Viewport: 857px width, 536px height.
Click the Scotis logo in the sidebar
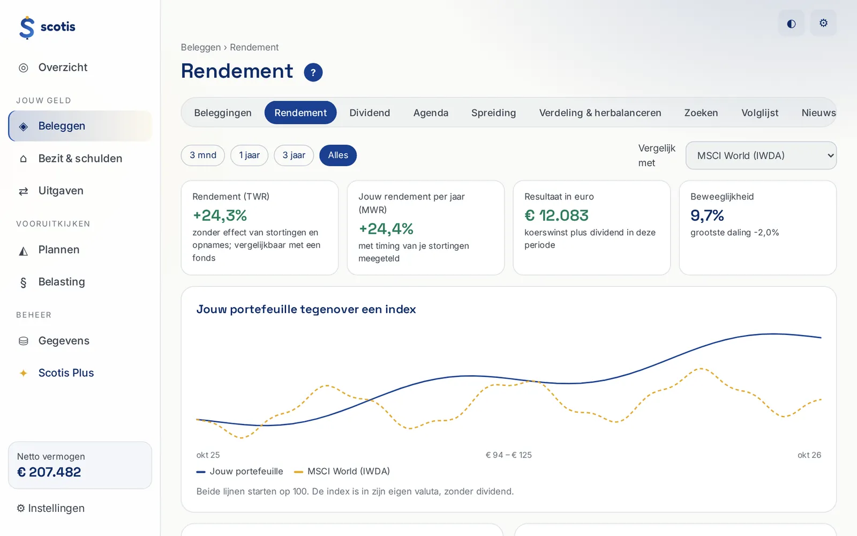[x=47, y=27]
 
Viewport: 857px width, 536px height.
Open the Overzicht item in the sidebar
[x=63, y=68]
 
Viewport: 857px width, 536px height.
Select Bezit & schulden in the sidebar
[x=80, y=159]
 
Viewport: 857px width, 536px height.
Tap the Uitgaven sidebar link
[x=61, y=191]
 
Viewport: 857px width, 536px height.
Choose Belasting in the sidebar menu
[x=62, y=282]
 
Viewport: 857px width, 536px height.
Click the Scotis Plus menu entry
[x=66, y=373]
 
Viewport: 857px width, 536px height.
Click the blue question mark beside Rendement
[x=313, y=72]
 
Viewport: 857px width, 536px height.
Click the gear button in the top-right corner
[x=823, y=23]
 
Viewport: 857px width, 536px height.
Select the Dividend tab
[x=370, y=113]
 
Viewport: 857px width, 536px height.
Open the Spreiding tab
[x=493, y=113]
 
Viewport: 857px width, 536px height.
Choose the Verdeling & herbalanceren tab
[x=600, y=113]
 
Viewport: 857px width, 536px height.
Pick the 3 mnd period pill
[x=203, y=155]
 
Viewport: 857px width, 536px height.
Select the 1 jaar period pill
[x=249, y=155]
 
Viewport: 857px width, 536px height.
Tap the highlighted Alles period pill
[x=338, y=155]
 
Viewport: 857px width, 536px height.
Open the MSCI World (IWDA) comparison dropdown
[x=761, y=155]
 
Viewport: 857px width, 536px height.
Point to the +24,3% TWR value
[x=220, y=215]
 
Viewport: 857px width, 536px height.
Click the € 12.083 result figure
[x=557, y=215]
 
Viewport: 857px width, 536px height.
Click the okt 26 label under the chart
[x=809, y=455]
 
